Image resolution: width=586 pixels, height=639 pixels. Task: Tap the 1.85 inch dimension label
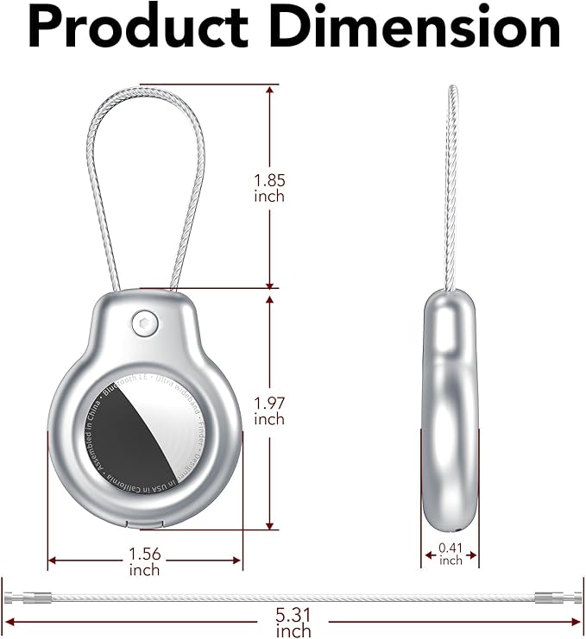[269, 188]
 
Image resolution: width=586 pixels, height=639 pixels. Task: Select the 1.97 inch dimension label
[269, 410]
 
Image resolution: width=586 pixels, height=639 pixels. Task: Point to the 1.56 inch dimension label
[145, 561]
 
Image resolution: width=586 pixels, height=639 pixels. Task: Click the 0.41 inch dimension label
[451, 554]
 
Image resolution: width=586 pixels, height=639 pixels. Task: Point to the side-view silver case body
[451, 414]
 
